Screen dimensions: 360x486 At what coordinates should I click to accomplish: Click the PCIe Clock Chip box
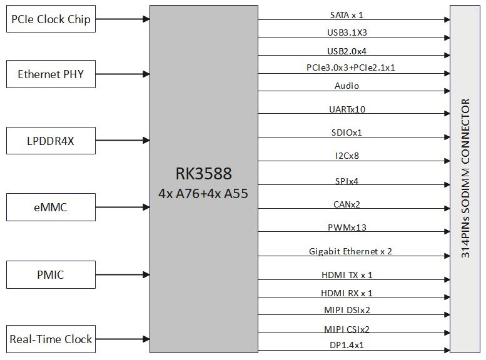tap(51, 19)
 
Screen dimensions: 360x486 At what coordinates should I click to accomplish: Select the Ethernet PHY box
tap(51, 74)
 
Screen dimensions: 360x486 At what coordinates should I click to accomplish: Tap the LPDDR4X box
tap(51, 141)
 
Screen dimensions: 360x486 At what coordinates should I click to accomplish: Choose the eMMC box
tap(51, 207)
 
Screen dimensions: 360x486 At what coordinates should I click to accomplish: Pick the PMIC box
tap(51, 274)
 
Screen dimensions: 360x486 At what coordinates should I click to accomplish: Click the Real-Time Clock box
tap(51, 339)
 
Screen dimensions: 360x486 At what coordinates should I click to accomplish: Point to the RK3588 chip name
tap(203, 173)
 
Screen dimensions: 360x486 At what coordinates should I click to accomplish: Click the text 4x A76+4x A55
tap(203, 193)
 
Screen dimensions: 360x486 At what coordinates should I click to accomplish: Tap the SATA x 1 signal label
tap(347, 14)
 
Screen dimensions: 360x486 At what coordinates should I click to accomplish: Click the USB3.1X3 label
tap(347, 32)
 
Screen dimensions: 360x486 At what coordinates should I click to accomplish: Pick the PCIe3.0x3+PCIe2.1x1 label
tap(350, 67)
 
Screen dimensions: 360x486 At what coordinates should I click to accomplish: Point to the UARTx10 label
tap(347, 109)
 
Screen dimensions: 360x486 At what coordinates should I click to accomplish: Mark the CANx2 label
tap(347, 204)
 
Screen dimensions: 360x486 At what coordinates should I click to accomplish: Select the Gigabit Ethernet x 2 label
tap(350, 251)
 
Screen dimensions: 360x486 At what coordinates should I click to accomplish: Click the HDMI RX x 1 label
tap(347, 292)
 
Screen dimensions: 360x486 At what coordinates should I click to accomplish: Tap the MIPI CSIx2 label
tap(347, 329)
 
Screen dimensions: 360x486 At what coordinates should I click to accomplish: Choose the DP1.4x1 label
tap(347, 344)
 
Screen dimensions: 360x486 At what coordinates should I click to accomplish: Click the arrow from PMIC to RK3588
tap(123, 274)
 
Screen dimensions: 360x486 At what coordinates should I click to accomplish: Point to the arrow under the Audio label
tap(353, 92)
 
